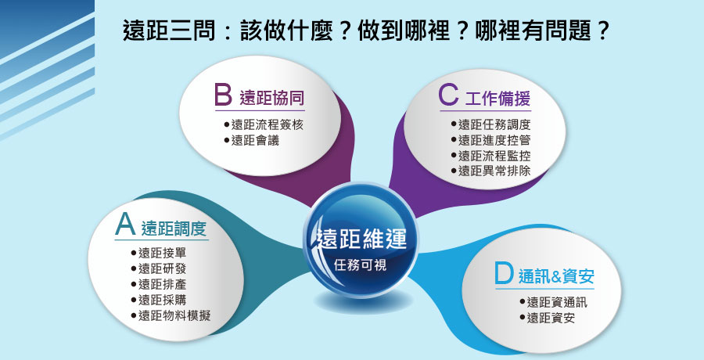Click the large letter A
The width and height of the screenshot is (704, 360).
tap(125, 225)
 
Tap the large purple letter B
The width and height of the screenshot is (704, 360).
tap(223, 95)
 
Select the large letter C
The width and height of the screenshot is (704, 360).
tap(448, 95)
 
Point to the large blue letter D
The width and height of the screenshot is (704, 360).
tap(504, 273)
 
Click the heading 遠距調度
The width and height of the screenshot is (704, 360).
tap(174, 229)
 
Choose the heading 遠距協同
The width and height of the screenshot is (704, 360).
tap(272, 98)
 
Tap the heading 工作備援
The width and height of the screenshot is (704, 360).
tap(498, 99)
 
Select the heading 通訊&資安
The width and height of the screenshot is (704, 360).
tap(556, 276)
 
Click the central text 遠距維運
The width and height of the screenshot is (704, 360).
tap(361, 239)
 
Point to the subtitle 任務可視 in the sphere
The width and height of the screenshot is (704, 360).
tap(361, 265)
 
